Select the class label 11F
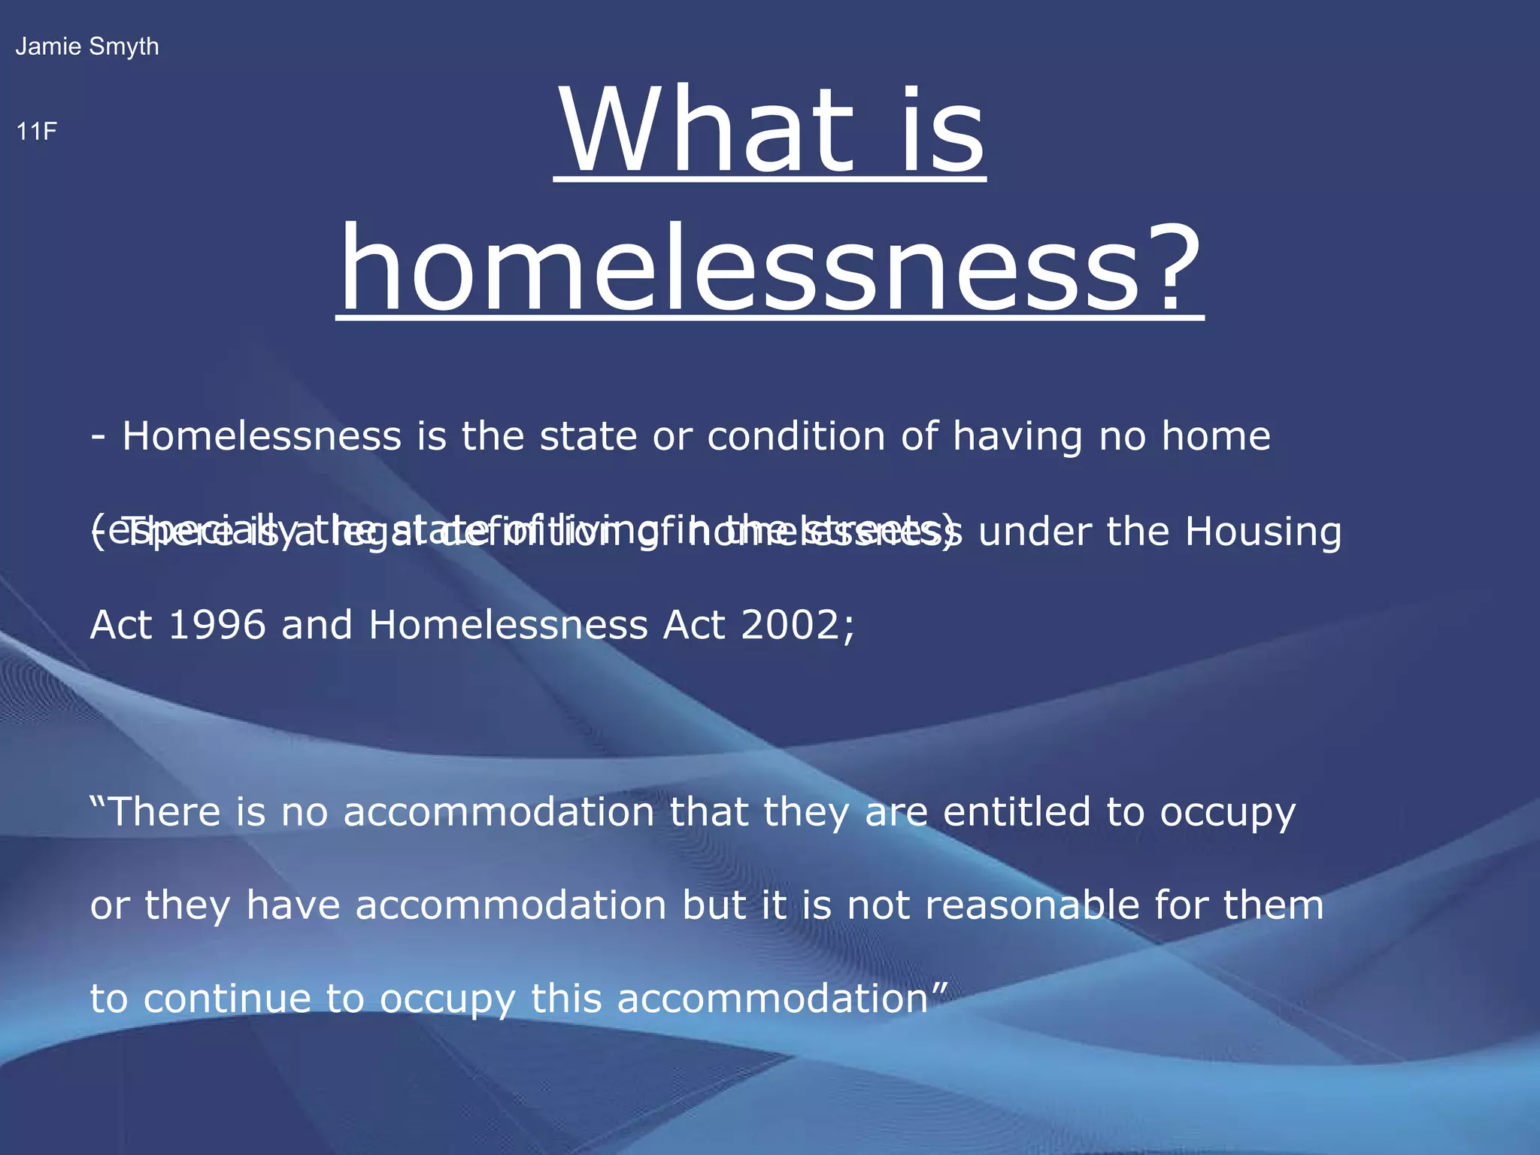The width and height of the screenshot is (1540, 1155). pyautogui.click(x=36, y=132)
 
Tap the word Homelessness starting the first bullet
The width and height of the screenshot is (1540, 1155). pyautogui.click(x=262, y=436)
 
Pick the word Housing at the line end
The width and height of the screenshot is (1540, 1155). pyautogui.click(x=1263, y=532)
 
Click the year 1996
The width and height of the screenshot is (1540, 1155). pyautogui.click(x=217, y=626)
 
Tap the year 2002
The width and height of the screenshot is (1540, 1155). pyautogui.click(x=797, y=626)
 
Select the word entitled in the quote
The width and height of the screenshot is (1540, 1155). pyautogui.click(x=1016, y=812)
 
